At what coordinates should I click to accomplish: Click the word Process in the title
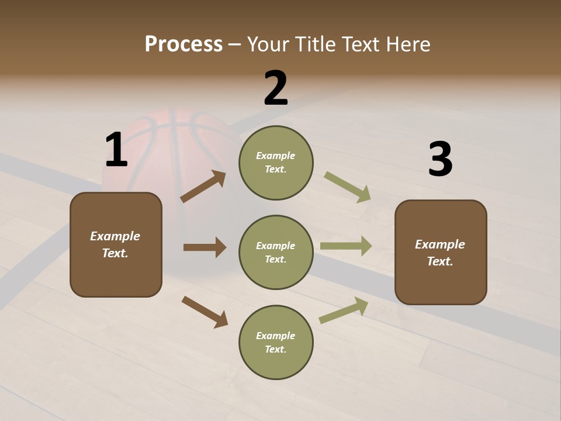click(x=183, y=44)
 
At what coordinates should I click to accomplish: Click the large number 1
click(x=116, y=150)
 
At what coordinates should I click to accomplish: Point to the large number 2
click(x=276, y=88)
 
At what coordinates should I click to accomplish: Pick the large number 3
click(x=440, y=159)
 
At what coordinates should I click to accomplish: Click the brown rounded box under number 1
click(x=116, y=244)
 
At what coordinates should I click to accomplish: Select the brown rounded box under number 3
click(x=441, y=252)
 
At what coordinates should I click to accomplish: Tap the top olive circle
click(x=276, y=163)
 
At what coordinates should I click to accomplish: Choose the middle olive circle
click(x=276, y=252)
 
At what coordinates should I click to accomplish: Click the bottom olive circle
click(x=276, y=342)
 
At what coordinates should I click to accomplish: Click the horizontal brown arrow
click(x=205, y=247)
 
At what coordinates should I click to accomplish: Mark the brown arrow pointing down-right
click(x=205, y=312)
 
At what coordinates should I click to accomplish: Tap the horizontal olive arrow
click(x=346, y=246)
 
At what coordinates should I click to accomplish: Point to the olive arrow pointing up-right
click(x=344, y=310)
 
